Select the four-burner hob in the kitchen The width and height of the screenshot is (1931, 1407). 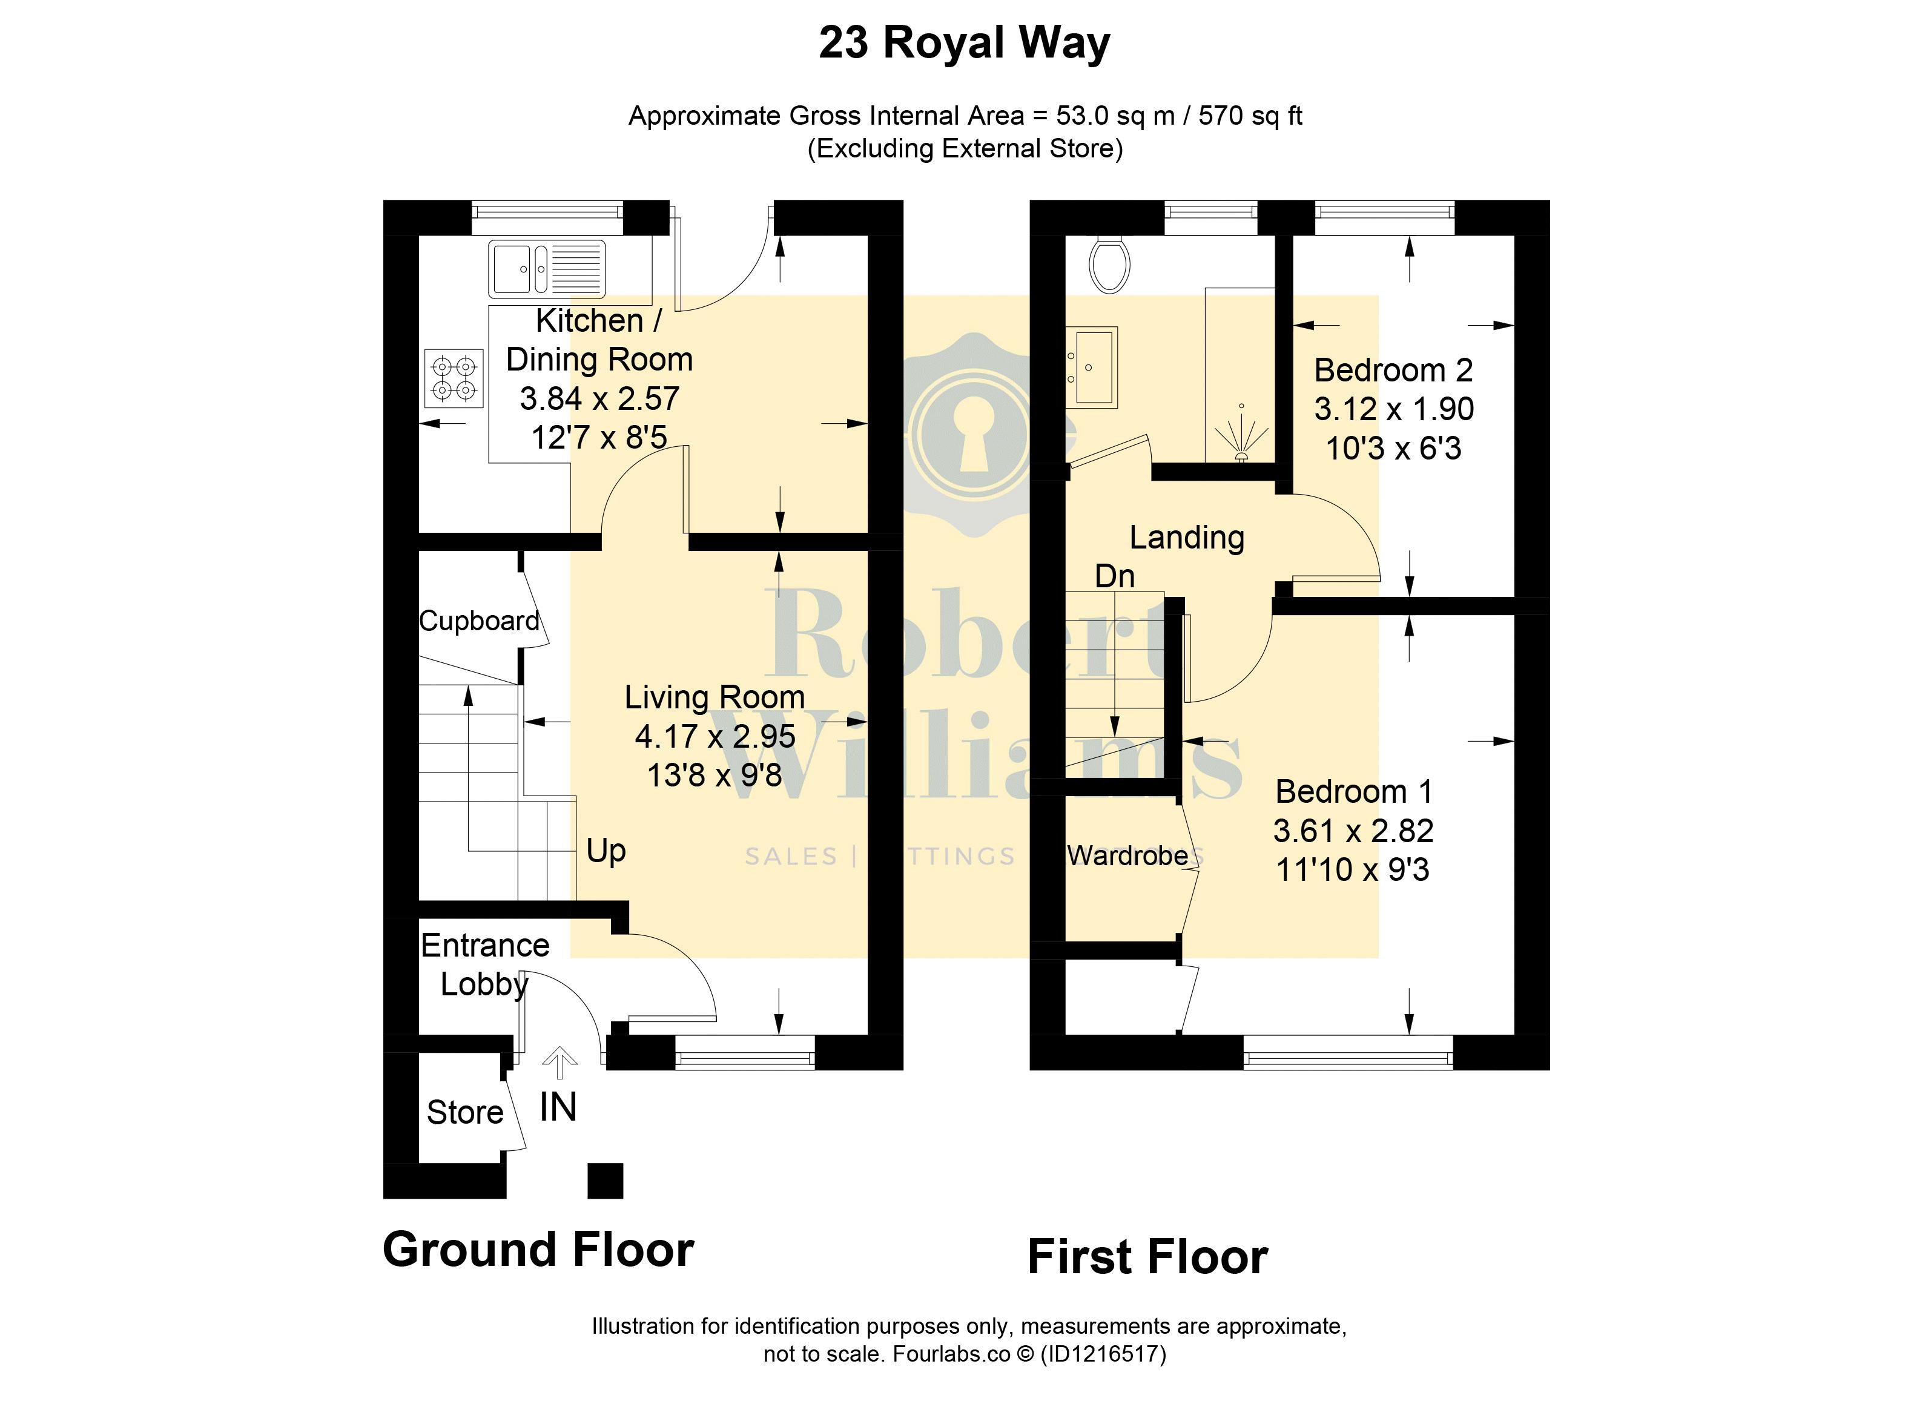point(454,379)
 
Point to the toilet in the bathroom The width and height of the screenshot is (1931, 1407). point(1109,265)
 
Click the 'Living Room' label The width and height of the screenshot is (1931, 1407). point(715,697)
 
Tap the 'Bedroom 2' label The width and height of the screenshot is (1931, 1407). point(1393,371)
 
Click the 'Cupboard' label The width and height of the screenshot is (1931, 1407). point(479,621)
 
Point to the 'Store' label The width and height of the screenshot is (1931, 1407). point(465,1112)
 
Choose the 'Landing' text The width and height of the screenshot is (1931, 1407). point(1187,538)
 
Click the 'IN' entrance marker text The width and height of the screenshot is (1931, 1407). point(558,1107)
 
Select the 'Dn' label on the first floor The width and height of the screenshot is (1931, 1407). point(1114,576)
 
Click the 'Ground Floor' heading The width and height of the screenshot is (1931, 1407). point(538,1250)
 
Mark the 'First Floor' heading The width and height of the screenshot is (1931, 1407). point(1147,1257)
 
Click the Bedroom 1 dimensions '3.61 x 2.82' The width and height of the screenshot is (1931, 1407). point(1353,831)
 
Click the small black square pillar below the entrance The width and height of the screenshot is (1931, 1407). point(606,1181)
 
